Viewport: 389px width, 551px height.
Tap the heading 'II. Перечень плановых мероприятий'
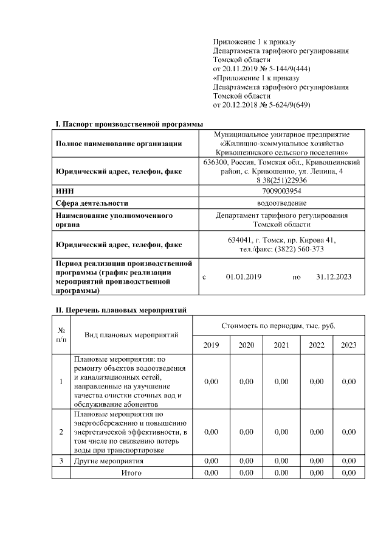[121, 310]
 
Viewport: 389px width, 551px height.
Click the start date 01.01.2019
[243, 277]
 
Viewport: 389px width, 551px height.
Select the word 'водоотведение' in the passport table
[281, 203]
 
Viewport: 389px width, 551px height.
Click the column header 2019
[211, 345]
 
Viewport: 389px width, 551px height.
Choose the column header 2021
[281, 345]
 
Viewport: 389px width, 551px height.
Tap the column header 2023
[348, 345]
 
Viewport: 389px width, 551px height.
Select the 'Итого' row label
[131, 472]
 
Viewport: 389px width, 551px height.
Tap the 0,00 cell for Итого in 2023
[348, 472]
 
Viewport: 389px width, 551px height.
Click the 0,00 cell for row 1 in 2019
[211, 382]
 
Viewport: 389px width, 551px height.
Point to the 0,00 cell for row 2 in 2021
[281, 432]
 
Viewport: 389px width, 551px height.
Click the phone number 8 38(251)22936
[281, 181]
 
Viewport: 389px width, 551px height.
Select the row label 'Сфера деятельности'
[92, 203]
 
